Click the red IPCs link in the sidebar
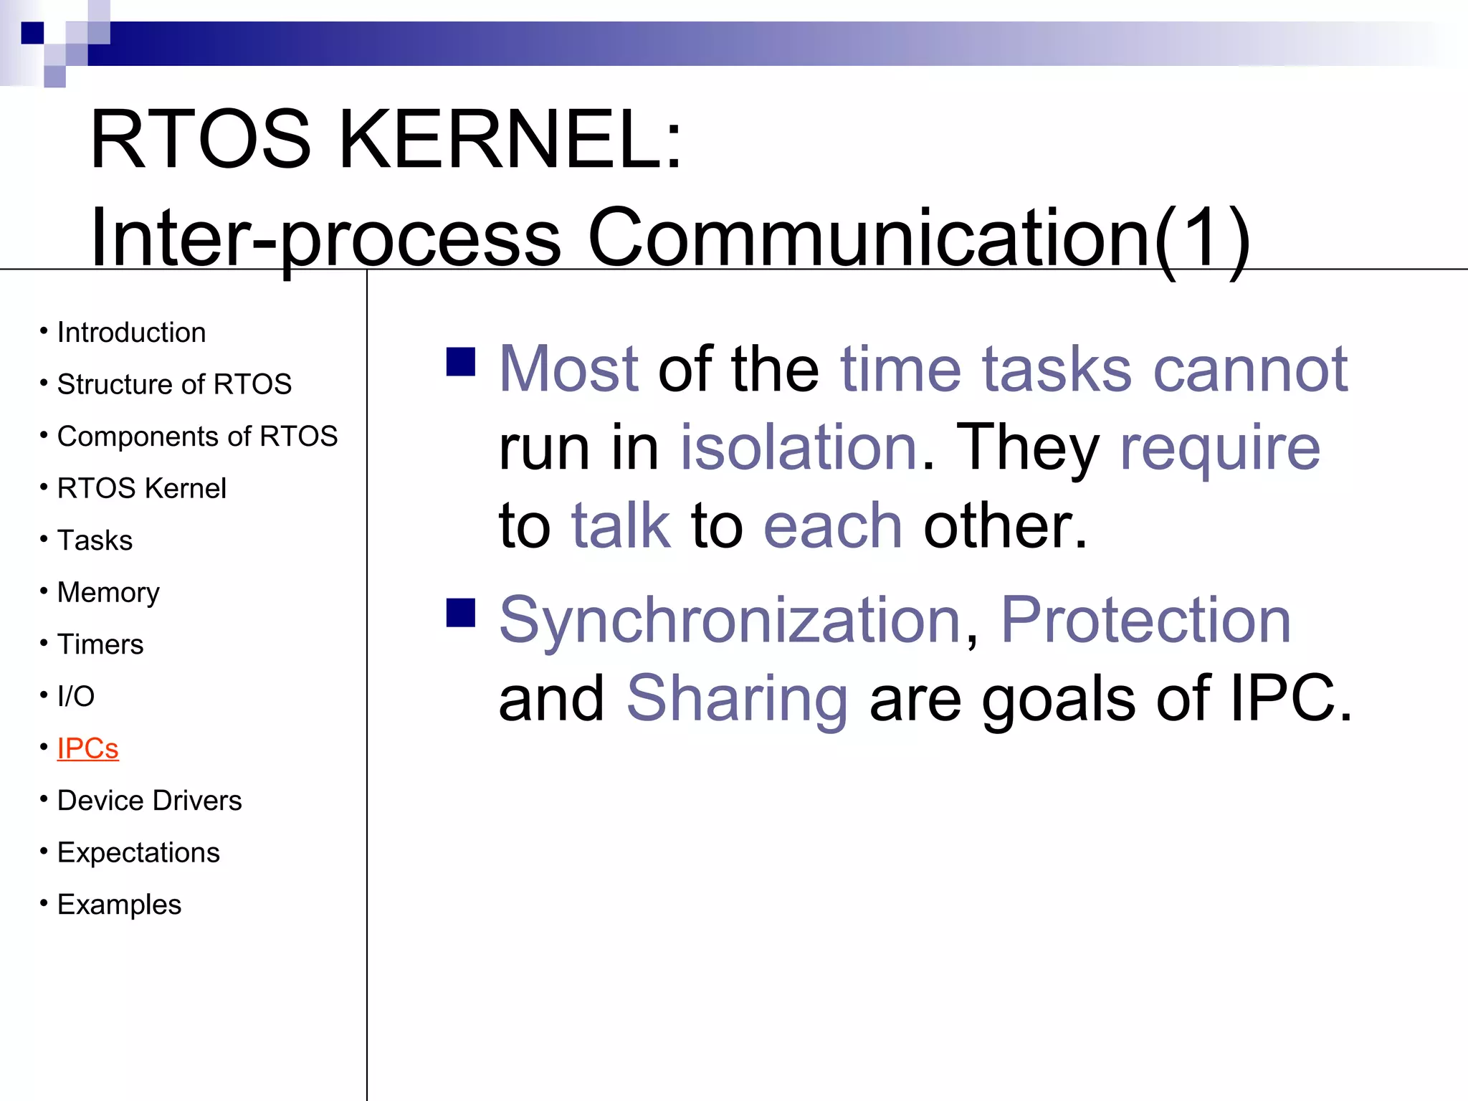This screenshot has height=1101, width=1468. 87,748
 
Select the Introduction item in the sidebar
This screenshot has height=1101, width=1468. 131,333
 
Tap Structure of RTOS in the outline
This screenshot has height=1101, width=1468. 174,384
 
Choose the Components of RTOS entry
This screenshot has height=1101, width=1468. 197,437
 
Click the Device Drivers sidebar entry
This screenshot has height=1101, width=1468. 149,801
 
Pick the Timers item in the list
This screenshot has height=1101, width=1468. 100,644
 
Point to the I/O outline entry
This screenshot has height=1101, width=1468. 76,696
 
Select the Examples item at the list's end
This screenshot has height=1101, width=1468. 119,905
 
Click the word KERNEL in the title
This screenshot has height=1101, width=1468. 510,139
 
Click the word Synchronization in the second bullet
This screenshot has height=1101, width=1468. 730,620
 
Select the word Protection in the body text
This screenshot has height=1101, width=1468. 1145,620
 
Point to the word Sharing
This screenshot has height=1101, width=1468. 737,698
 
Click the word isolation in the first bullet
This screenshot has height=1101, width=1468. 799,448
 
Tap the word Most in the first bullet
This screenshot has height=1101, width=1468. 568,369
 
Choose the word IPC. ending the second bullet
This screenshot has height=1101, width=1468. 1290,698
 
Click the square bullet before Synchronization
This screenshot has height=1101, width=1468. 461,613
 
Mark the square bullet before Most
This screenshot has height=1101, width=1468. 461,362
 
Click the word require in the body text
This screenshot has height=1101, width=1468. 1220,448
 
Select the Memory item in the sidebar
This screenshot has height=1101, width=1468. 108,593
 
